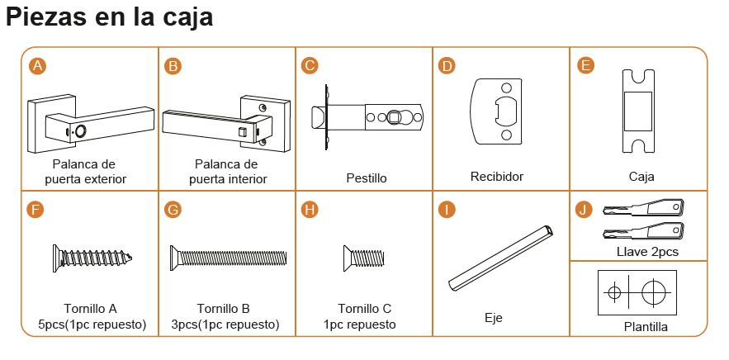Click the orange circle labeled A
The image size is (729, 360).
(x=37, y=66)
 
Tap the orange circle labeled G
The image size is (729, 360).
(x=173, y=210)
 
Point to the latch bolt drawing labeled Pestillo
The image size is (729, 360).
(x=367, y=118)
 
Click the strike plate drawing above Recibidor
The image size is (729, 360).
(x=496, y=111)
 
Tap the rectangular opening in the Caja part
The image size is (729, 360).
(x=638, y=111)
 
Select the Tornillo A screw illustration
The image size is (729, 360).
(x=92, y=258)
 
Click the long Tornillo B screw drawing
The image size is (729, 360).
(x=229, y=258)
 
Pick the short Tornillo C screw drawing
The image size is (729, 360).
(x=364, y=258)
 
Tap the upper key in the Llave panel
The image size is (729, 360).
(x=644, y=207)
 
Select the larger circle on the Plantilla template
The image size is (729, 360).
(x=654, y=293)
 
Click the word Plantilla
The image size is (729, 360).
(x=646, y=327)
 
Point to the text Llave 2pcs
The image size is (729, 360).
(x=647, y=252)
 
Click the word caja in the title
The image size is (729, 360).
(x=185, y=17)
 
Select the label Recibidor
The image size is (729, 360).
(x=496, y=177)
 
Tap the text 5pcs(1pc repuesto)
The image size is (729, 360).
(x=92, y=324)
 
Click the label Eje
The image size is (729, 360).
(x=494, y=318)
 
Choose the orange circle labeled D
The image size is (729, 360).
(x=447, y=66)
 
